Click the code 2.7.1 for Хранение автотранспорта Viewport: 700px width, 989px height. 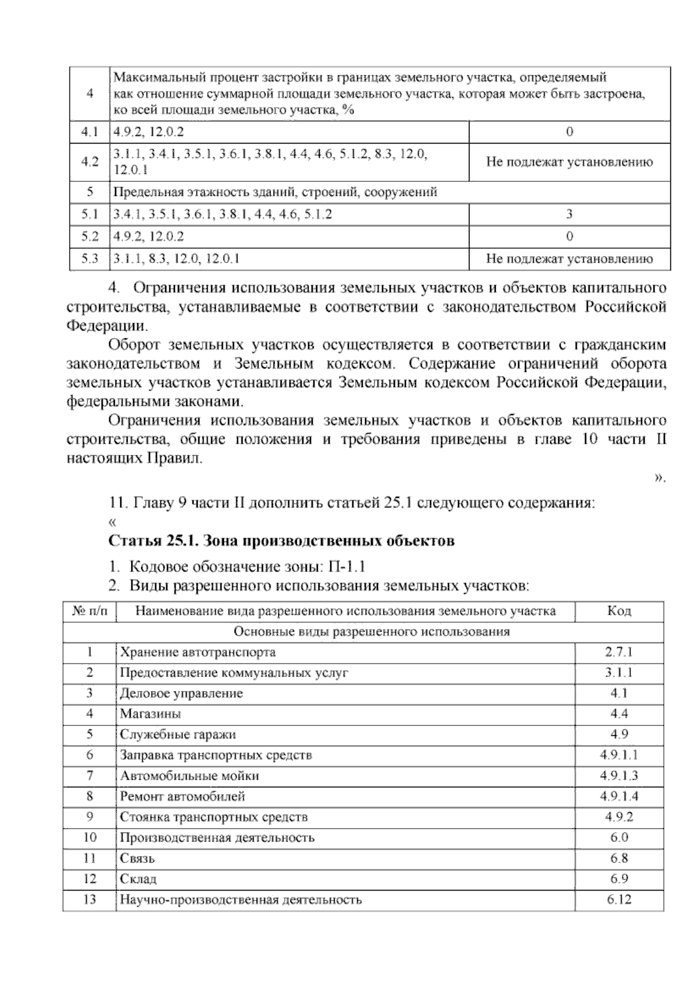tap(619, 652)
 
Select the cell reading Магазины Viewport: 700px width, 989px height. tap(150, 714)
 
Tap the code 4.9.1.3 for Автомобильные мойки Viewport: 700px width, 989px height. tap(619, 776)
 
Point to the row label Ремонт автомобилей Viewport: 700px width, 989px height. tap(183, 797)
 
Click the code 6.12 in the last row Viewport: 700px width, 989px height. tap(619, 900)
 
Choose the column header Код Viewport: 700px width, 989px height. tap(619, 611)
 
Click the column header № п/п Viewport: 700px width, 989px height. tap(90, 611)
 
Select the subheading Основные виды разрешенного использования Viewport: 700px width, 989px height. tap(372, 632)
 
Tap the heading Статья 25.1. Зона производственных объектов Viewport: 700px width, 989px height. tap(282, 541)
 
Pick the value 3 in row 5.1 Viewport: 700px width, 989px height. tap(569, 214)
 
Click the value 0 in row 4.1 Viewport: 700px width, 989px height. tap(569, 132)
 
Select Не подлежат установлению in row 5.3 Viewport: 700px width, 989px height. tap(569, 259)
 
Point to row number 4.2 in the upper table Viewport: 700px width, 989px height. tap(89, 162)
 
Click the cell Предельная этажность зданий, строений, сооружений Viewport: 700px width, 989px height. tap(275, 192)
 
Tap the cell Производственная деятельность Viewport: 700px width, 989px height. tap(217, 838)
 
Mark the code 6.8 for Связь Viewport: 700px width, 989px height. tap(619, 858)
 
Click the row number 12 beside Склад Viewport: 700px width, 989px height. tap(90, 879)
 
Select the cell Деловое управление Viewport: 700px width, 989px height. tap(181, 693)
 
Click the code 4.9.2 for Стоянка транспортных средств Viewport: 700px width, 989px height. tap(619, 817)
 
